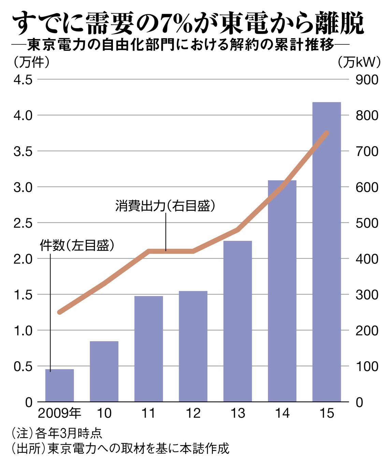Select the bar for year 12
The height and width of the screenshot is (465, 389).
point(193,346)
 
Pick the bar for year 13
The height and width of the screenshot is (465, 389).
point(237,321)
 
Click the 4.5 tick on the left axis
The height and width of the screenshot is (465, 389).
point(23,80)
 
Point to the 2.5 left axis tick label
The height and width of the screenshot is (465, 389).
point(23,223)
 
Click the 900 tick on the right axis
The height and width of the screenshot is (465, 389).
point(367,80)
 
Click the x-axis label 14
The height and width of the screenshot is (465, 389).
point(282,413)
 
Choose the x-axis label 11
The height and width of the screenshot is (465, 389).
point(148,413)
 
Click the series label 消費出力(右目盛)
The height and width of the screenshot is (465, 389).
point(165,206)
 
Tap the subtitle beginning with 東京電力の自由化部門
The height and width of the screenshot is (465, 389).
point(181,45)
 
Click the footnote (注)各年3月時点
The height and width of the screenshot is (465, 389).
point(57,433)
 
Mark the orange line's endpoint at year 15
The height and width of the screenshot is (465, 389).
point(327,133)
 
